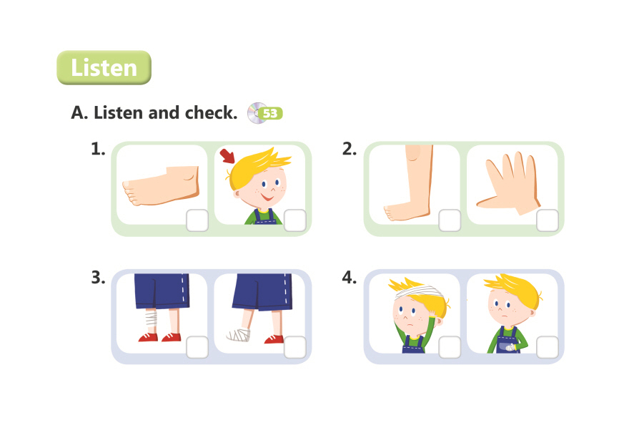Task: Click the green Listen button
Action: click(104, 67)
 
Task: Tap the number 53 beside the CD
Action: click(269, 114)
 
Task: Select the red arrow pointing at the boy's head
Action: click(227, 156)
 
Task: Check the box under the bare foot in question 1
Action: click(197, 220)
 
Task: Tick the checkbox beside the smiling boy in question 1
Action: click(295, 220)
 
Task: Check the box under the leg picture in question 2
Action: click(450, 220)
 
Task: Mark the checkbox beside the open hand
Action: click(548, 220)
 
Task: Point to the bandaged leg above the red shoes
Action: click(151, 318)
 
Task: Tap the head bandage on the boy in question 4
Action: click(418, 291)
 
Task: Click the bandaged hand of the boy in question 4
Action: click(510, 348)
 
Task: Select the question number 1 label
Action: click(98, 149)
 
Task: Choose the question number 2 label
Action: click(350, 149)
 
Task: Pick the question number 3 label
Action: click(99, 278)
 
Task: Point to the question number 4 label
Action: click(350, 278)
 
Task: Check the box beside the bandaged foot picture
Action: click(295, 347)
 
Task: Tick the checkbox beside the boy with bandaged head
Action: click(450, 347)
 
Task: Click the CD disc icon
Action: click(257, 113)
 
